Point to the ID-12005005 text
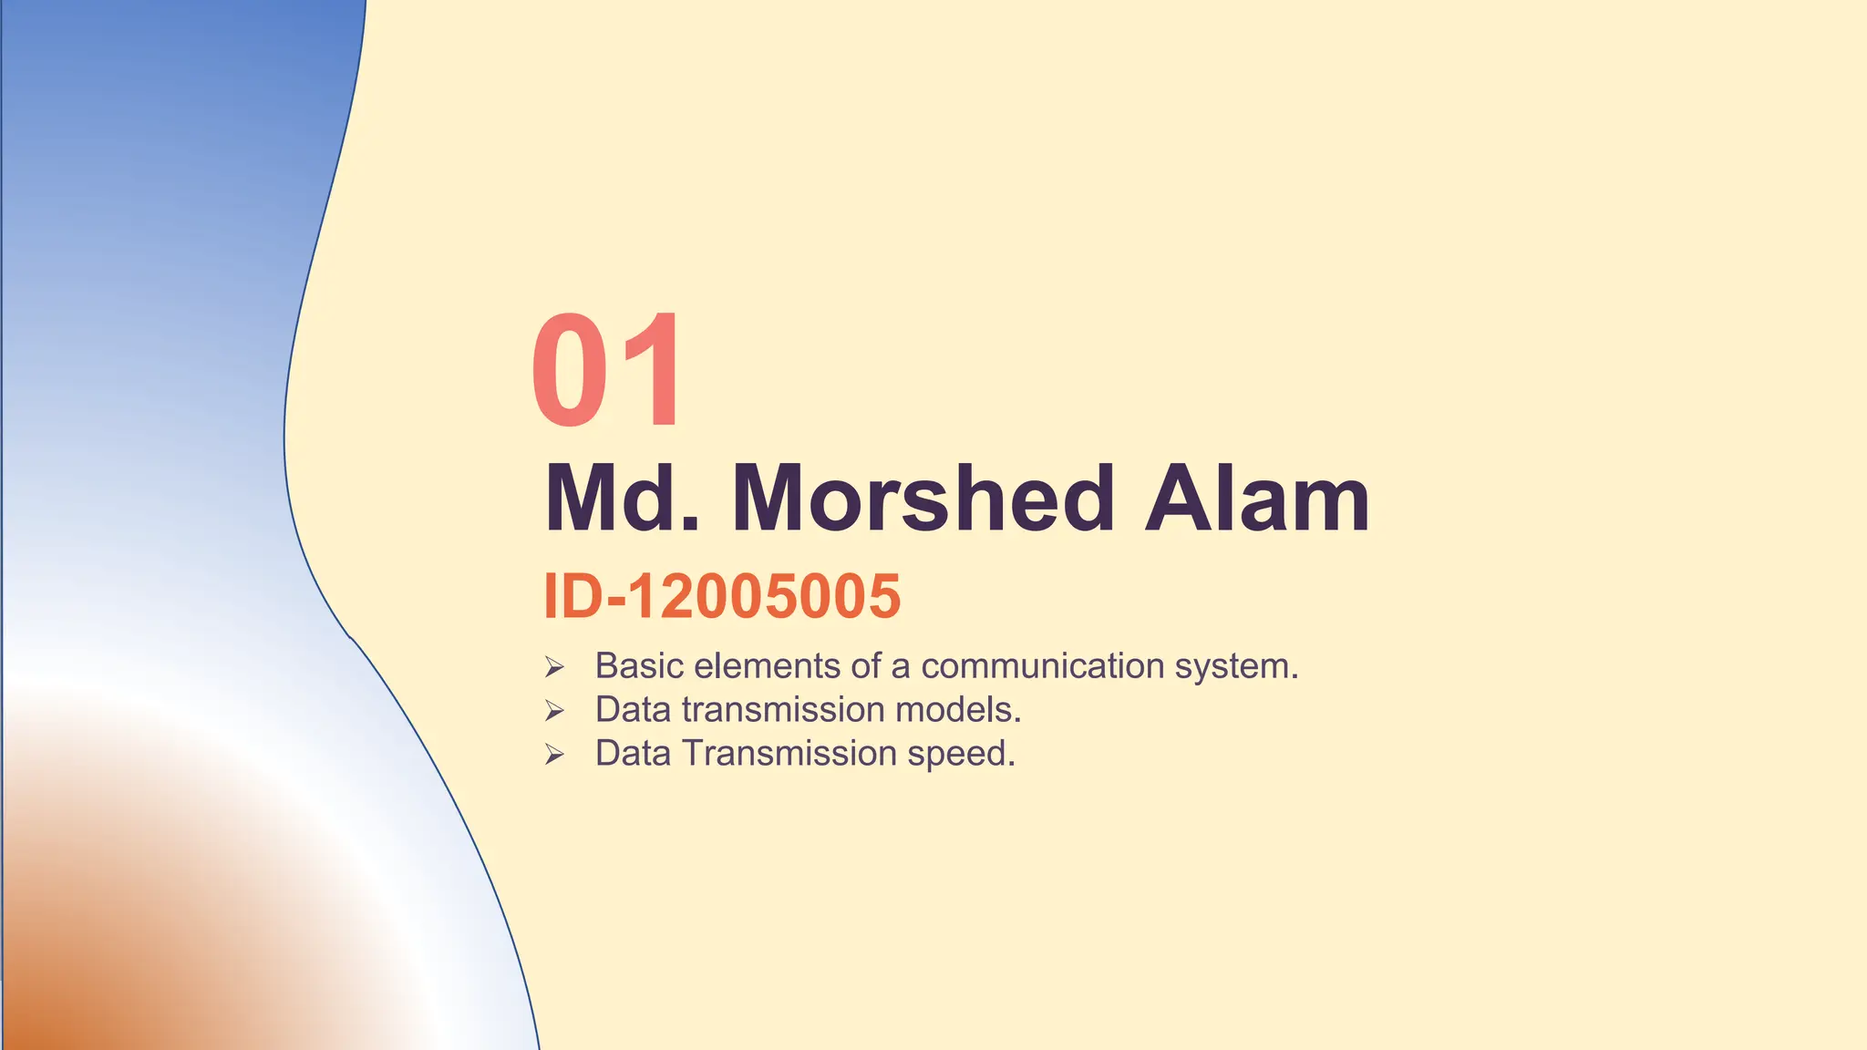point(722,596)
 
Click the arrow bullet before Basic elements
point(554,668)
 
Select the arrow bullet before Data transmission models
point(554,711)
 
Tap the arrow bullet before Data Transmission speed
point(554,755)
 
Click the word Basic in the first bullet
point(639,666)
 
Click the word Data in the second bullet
point(633,710)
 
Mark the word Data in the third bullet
point(633,754)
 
